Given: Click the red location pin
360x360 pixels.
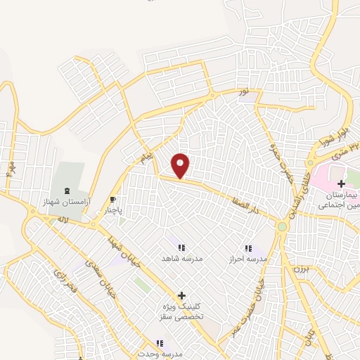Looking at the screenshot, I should [x=181, y=165].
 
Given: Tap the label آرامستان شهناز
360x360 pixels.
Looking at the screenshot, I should [x=67, y=202].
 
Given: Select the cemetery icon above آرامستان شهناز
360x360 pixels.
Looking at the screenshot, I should [x=67, y=191].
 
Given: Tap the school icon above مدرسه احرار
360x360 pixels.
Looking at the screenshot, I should [x=247, y=247].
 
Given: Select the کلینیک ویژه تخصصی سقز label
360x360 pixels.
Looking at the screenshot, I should [x=181, y=312].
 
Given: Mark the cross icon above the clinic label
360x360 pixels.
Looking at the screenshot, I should [x=181, y=296].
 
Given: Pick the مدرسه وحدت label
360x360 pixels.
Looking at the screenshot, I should [x=160, y=354].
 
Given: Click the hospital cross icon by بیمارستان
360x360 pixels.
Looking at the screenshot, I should [x=341, y=164].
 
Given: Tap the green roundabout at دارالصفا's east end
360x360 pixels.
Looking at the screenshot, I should [x=282, y=226].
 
